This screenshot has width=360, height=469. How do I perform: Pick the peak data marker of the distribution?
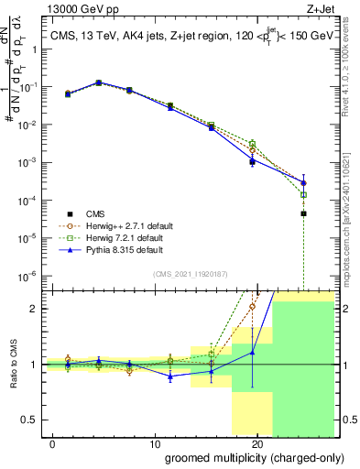[99, 82]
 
